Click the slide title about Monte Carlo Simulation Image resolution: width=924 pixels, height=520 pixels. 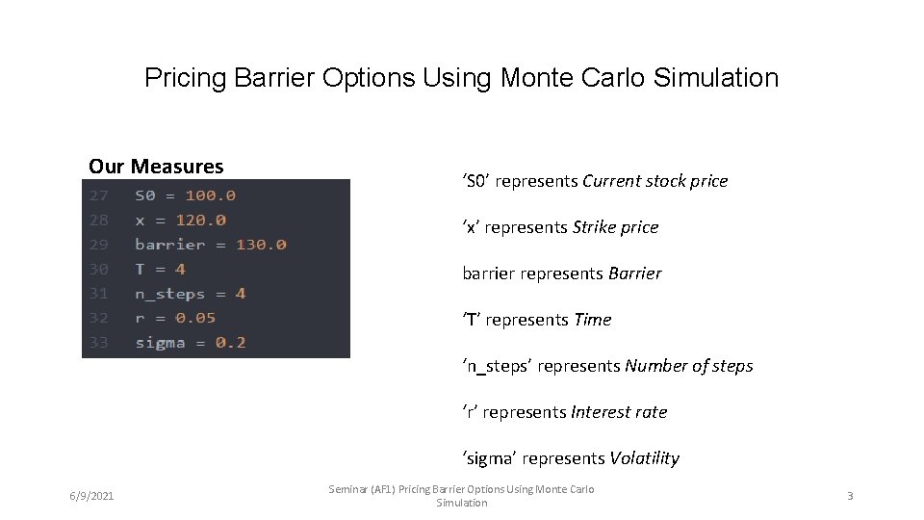coord(461,77)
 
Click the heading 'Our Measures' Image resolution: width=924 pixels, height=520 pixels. coord(156,167)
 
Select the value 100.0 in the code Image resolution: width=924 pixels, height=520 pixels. coord(210,195)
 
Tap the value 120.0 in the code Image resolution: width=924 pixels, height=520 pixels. coord(200,221)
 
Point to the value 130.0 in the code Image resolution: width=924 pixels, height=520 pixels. coord(261,245)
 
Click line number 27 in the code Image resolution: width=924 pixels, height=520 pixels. coord(99,195)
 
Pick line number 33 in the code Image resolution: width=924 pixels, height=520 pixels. coord(99,342)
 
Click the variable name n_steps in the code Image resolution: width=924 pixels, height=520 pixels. coord(169,294)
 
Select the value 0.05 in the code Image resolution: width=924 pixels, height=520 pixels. coord(195,318)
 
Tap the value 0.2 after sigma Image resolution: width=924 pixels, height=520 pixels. coord(230,342)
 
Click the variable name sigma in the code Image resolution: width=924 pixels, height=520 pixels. coord(160,342)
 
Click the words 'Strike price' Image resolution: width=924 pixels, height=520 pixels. coord(615,227)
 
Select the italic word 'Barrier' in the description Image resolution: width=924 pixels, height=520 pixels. coord(635,273)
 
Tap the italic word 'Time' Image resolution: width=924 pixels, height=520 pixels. coord(592,320)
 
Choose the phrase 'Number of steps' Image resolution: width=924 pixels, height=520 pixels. coord(688,366)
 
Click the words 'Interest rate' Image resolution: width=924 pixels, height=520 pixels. coord(618,412)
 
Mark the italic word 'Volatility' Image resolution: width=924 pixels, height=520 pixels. coord(644,458)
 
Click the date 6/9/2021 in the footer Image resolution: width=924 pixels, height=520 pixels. coord(91,496)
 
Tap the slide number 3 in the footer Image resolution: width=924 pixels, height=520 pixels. coord(850,496)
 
